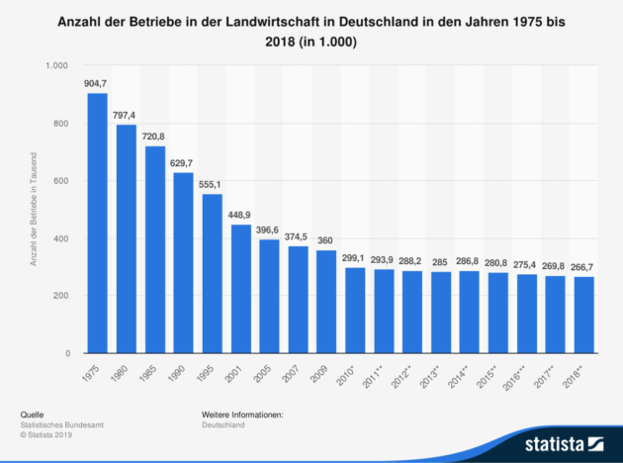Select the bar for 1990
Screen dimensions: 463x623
(183, 263)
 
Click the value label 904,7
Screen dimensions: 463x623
(98, 84)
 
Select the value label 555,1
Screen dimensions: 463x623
(212, 185)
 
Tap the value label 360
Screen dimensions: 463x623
(326, 240)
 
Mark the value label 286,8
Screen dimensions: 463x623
(469, 262)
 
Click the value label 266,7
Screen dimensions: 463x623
(583, 267)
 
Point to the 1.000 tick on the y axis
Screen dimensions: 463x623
(55, 65)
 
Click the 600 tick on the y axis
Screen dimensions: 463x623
(59, 181)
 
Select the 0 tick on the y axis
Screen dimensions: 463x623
(65, 353)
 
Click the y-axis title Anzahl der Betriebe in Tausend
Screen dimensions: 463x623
(34, 210)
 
